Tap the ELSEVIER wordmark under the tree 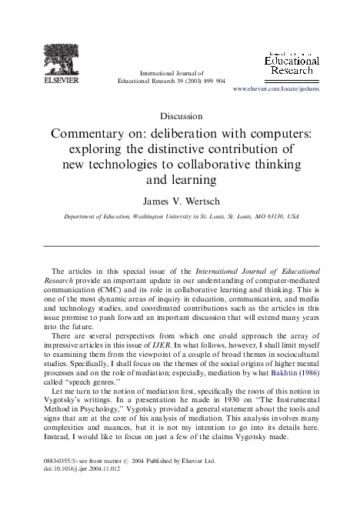pyautogui.click(x=61, y=77)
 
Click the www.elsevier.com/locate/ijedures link pyautogui.click(x=275, y=89)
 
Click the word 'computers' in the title pyautogui.click(x=287, y=132)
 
